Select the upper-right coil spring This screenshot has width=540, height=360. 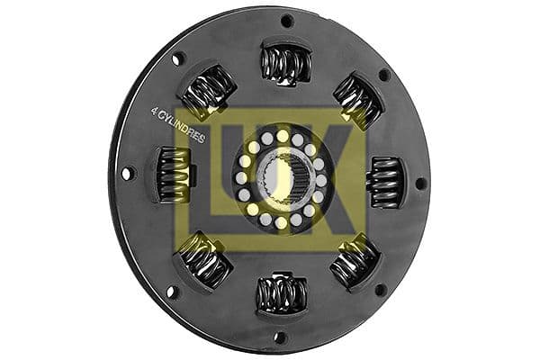click(357, 99)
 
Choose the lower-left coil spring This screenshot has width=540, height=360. click(206, 261)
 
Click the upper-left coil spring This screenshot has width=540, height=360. click(210, 94)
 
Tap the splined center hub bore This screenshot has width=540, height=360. click(282, 180)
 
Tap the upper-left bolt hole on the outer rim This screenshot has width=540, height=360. click(176, 60)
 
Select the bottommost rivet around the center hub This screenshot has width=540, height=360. click(281, 222)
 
